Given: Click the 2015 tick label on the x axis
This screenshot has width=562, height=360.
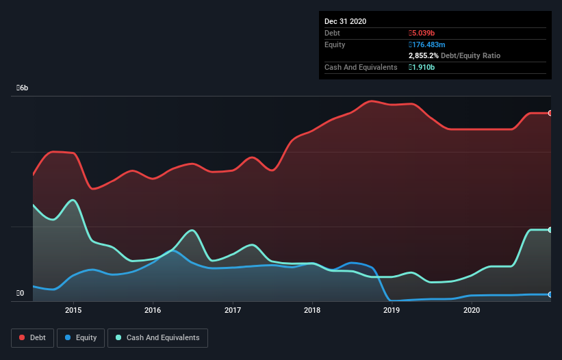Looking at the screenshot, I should point(73,310).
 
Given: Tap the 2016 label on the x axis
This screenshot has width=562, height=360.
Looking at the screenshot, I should point(153,310).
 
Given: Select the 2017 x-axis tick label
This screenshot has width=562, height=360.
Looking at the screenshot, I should point(233,310).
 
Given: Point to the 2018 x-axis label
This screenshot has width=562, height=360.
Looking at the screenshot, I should point(312,310).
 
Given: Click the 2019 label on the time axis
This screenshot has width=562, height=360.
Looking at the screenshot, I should point(392,310).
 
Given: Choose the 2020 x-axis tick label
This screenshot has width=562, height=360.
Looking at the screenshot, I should point(472,310).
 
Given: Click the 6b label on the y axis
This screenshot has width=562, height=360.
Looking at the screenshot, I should point(23,88).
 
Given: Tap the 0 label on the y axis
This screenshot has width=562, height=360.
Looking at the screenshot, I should point(21,294).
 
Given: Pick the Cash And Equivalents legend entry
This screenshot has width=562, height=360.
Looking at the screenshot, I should point(157,337).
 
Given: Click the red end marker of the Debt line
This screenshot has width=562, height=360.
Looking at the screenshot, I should point(550,113).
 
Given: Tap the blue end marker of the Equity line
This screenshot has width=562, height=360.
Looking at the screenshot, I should point(550,294).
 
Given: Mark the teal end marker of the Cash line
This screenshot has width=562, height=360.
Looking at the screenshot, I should point(550,230).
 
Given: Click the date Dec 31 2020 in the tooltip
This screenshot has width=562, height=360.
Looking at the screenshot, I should point(345,21).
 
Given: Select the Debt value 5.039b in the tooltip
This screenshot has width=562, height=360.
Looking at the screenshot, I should point(424,33).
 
